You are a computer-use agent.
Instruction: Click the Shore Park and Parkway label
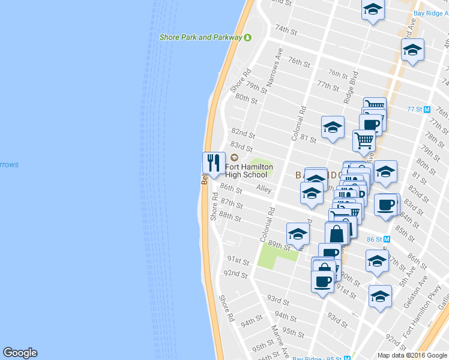tap(200, 37)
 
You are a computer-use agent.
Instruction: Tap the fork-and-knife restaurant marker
tap(214, 163)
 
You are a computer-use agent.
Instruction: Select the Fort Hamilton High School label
tap(249, 170)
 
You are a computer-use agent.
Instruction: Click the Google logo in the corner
tap(20, 353)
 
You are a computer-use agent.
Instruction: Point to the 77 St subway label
tap(415, 109)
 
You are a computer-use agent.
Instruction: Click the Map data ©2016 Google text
tap(412, 355)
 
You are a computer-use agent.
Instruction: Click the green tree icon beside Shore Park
tap(247, 37)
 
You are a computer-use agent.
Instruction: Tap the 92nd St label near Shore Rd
tap(235, 274)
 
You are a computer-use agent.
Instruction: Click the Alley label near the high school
tap(264, 188)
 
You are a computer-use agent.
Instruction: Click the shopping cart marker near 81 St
tap(364, 140)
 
